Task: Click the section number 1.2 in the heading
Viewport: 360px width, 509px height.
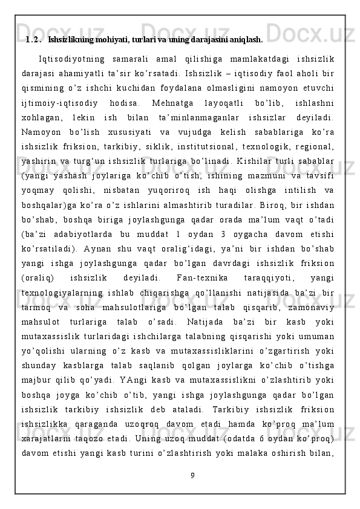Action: click(x=33, y=41)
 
